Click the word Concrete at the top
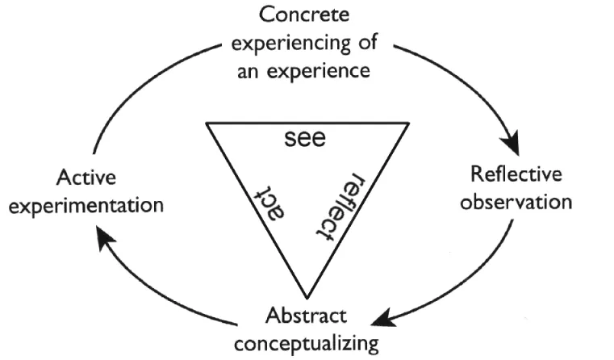click(x=305, y=15)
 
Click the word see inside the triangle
click(x=305, y=138)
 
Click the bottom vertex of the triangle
click(x=306, y=295)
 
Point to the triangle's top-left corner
click(x=206, y=123)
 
